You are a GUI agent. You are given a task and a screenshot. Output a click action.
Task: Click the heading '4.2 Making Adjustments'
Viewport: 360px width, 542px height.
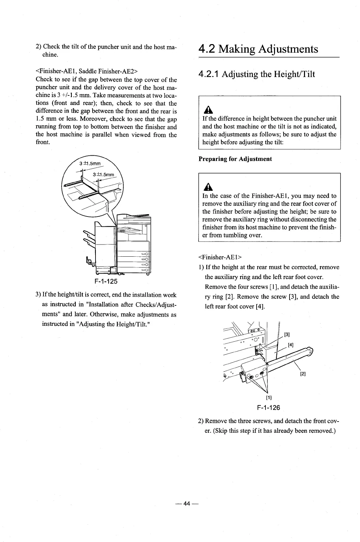tap(258, 49)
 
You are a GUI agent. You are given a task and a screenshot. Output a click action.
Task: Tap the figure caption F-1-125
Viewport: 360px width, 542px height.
tap(106, 282)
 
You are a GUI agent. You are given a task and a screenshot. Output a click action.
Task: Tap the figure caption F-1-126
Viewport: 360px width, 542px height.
tap(268, 408)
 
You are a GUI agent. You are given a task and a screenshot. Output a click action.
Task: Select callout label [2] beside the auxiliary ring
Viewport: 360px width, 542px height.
tap(303, 374)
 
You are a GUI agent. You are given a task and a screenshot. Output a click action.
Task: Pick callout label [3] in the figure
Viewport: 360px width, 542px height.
tap(287, 335)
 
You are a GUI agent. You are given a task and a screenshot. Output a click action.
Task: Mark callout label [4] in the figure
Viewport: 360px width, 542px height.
tap(291, 345)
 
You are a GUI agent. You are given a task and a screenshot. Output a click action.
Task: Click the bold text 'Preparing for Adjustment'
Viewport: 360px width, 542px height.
tap(235, 159)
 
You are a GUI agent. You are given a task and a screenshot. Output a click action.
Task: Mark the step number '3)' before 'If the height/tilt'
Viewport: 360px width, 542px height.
tap(39, 295)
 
